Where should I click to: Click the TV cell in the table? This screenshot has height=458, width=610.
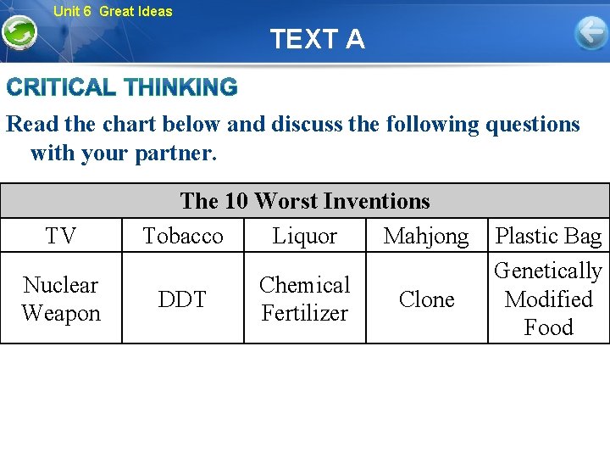tap(60, 236)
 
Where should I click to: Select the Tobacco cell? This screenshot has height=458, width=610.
tap(183, 236)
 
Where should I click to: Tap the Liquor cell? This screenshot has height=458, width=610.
tap(305, 236)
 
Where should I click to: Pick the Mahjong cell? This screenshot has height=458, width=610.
tap(426, 236)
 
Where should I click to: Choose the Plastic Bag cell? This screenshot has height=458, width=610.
tap(548, 236)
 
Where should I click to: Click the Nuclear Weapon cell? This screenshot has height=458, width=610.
tap(61, 299)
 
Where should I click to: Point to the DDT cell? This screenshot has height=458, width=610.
tap(183, 299)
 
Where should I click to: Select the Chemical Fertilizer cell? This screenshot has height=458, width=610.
tap(305, 299)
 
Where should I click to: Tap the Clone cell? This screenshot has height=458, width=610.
tap(426, 299)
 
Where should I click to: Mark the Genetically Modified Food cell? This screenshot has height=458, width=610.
tap(548, 299)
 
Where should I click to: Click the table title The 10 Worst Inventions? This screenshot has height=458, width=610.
tap(305, 201)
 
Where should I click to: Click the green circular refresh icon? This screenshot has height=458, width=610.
tap(19, 33)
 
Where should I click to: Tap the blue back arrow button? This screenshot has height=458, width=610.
tap(591, 33)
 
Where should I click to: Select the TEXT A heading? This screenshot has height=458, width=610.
tap(318, 39)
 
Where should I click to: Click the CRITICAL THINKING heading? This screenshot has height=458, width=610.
tap(123, 87)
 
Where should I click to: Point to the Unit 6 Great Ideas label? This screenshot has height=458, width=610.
tap(113, 11)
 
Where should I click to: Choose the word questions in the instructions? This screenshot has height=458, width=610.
tap(525, 125)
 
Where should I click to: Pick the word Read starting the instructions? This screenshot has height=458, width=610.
tap(31, 125)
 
